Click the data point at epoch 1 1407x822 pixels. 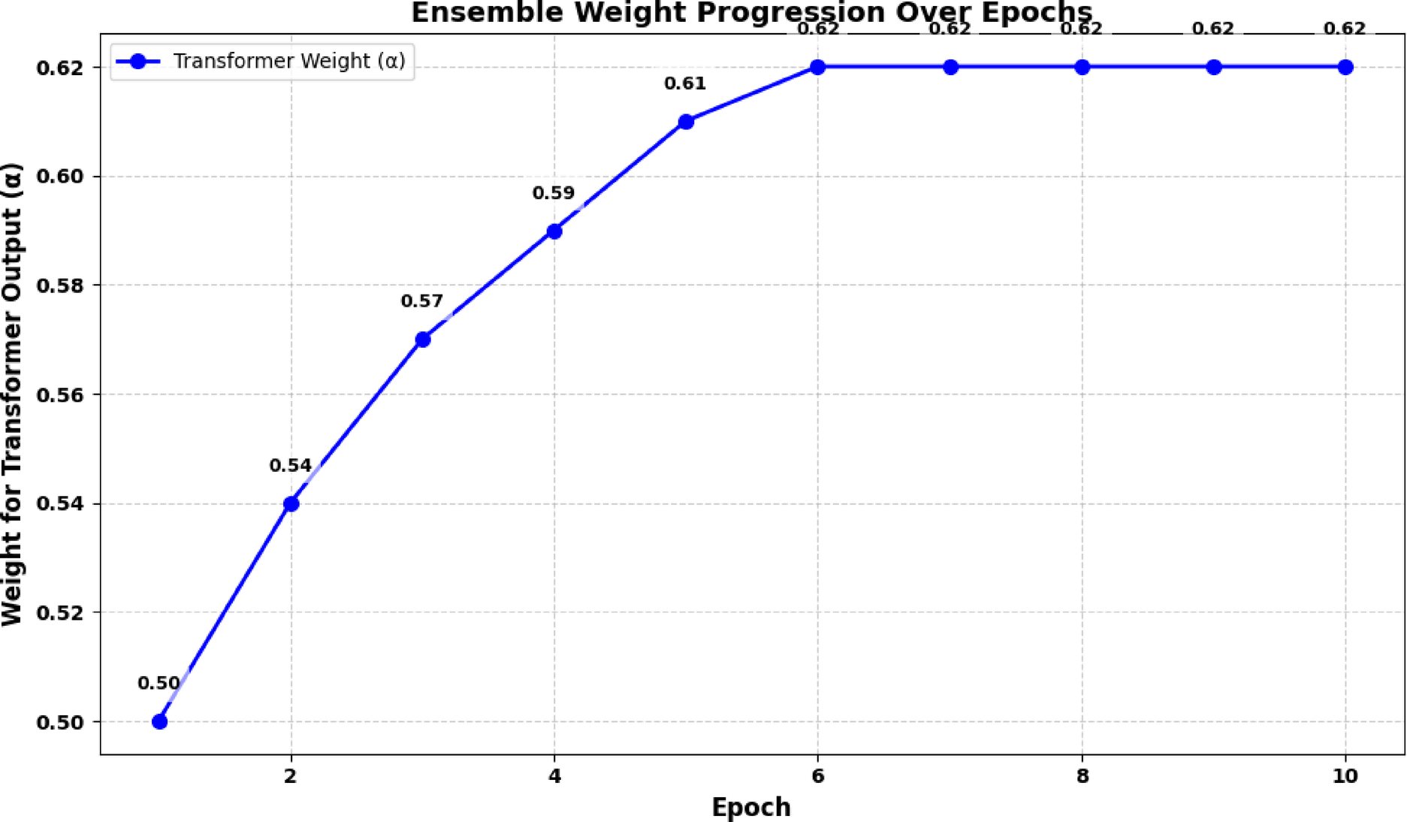159,721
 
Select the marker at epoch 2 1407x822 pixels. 291,503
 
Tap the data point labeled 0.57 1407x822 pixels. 423,340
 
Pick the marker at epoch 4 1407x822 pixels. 554,231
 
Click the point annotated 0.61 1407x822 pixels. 686,122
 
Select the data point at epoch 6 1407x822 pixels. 818,67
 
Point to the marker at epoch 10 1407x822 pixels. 1345,67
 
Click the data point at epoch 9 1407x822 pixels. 1214,67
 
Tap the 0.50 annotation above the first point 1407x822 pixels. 159,683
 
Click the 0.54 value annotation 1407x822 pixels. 290,466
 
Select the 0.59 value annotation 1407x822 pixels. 554,193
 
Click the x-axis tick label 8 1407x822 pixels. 1082,776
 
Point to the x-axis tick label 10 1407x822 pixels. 1345,776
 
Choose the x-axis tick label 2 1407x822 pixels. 291,776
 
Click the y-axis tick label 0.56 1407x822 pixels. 59,395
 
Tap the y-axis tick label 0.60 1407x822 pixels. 59,177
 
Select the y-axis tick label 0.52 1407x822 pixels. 59,613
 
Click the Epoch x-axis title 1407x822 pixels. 751,807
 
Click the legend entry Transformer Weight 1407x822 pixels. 289,61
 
